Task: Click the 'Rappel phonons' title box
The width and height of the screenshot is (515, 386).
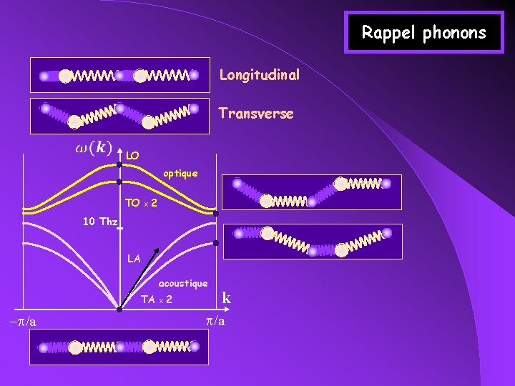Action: point(423,32)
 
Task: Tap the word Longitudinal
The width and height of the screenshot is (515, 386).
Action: point(259,74)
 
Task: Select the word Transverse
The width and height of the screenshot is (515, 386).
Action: point(256,114)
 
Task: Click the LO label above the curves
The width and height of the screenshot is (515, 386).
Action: point(132,155)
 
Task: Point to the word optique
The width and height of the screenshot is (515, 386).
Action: point(176,174)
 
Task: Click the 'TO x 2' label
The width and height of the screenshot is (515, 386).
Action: point(141,204)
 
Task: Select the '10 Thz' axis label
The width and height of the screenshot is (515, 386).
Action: point(99,222)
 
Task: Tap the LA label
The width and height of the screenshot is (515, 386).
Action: point(134,259)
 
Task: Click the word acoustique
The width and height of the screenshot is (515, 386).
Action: point(183,284)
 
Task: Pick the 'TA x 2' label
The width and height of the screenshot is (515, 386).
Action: point(156,300)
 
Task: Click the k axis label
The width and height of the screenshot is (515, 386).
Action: point(226,298)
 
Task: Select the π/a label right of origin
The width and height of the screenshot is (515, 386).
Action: point(215,321)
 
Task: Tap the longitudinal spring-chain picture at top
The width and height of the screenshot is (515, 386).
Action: point(119,75)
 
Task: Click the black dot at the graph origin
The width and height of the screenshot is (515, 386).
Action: point(119,310)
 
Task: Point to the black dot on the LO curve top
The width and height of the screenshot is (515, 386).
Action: point(119,164)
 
